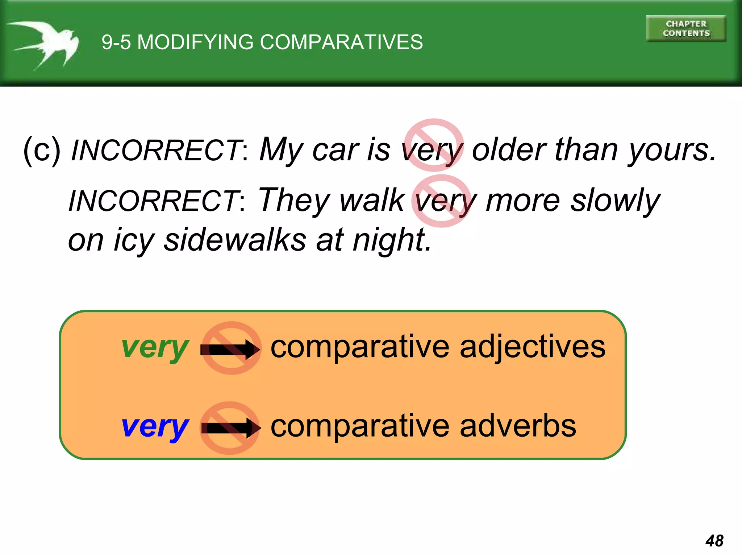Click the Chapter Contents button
[x=686, y=29]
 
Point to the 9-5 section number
[x=116, y=42]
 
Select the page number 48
[x=714, y=541]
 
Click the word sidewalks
[x=235, y=240]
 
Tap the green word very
[x=155, y=348]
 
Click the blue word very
[x=155, y=427]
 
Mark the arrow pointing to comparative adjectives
[x=230, y=349]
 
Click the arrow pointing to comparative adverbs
[x=230, y=428]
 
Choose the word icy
[x=134, y=240]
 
